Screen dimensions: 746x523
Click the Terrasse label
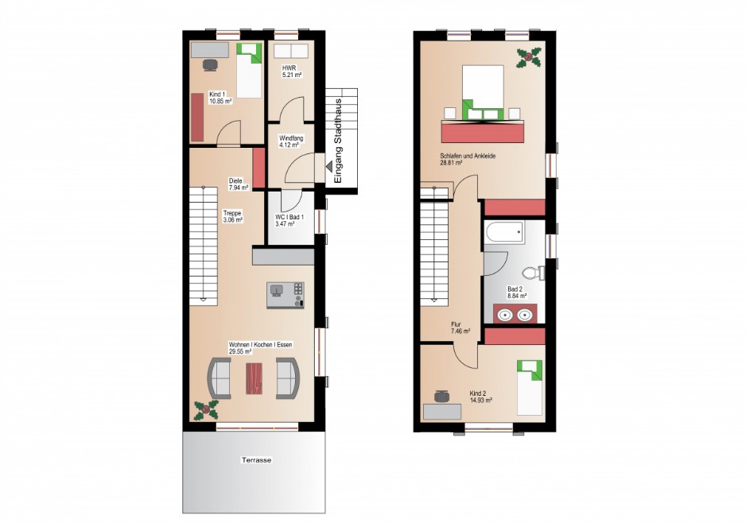coord(256,459)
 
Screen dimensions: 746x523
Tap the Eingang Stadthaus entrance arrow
coord(328,166)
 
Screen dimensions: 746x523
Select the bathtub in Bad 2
coord(505,233)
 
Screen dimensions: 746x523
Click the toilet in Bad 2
coord(533,273)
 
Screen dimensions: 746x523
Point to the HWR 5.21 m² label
coord(292,72)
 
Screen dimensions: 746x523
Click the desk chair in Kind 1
coord(210,65)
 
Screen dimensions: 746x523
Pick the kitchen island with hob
coord(285,295)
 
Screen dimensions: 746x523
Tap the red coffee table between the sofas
coord(254,378)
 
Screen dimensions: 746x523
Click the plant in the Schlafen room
coord(529,57)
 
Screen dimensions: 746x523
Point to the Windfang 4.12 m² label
coord(291,141)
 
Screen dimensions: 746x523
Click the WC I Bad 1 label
coord(289,220)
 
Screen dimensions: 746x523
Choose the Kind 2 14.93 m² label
coord(480,397)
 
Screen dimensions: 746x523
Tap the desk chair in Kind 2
coord(442,396)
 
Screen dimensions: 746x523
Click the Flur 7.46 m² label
coord(460,327)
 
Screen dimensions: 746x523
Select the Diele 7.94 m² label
coord(239,184)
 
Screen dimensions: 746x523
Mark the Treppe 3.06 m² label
coord(233,217)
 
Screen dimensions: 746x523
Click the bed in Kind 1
coord(249,71)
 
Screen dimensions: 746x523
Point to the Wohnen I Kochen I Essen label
coord(260,345)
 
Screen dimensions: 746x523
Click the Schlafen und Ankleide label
coord(468,156)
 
